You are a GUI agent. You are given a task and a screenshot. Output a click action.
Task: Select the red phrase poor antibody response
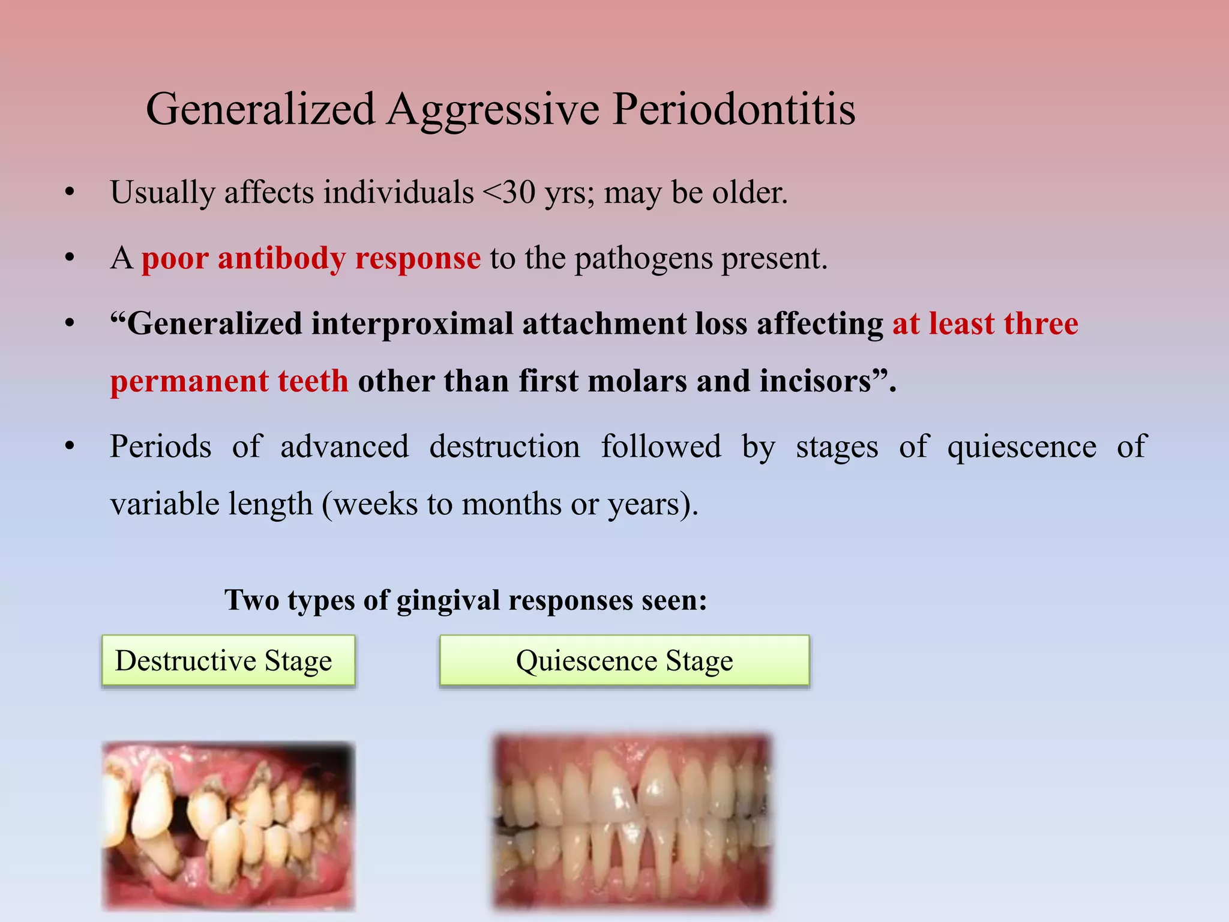click(311, 259)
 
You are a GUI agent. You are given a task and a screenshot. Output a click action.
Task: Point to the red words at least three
click(985, 324)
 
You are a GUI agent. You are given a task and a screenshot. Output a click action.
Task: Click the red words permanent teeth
click(229, 382)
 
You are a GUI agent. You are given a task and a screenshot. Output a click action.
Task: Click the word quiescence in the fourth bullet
click(1021, 447)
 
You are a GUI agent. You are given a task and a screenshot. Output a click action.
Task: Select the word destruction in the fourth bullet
click(504, 447)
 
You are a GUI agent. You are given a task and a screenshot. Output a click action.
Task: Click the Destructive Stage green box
click(228, 661)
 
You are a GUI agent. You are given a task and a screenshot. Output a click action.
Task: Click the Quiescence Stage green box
click(624, 661)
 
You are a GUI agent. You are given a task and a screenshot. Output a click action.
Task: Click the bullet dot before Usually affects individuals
click(70, 193)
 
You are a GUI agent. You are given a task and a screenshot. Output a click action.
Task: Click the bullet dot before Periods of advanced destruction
click(70, 447)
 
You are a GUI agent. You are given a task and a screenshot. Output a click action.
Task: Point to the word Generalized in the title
click(260, 110)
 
